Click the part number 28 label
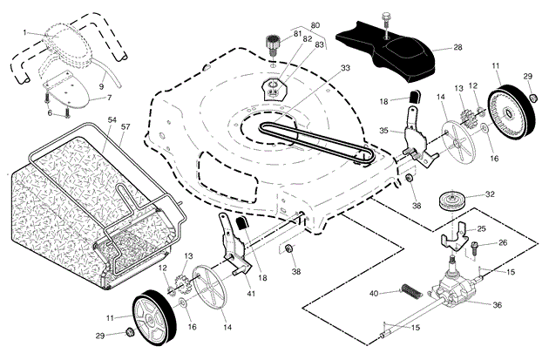click(x=457, y=47)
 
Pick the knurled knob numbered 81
click(x=273, y=44)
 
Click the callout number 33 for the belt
click(x=345, y=68)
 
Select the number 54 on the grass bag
click(x=112, y=119)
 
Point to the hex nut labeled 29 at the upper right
click(x=532, y=97)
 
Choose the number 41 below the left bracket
click(x=251, y=294)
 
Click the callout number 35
click(x=384, y=131)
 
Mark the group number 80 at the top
click(x=315, y=25)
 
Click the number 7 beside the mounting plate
click(x=109, y=98)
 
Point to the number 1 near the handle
click(x=25, y=32)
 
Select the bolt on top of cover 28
click(x=386, y=20)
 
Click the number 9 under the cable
click(x=102, y=85)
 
